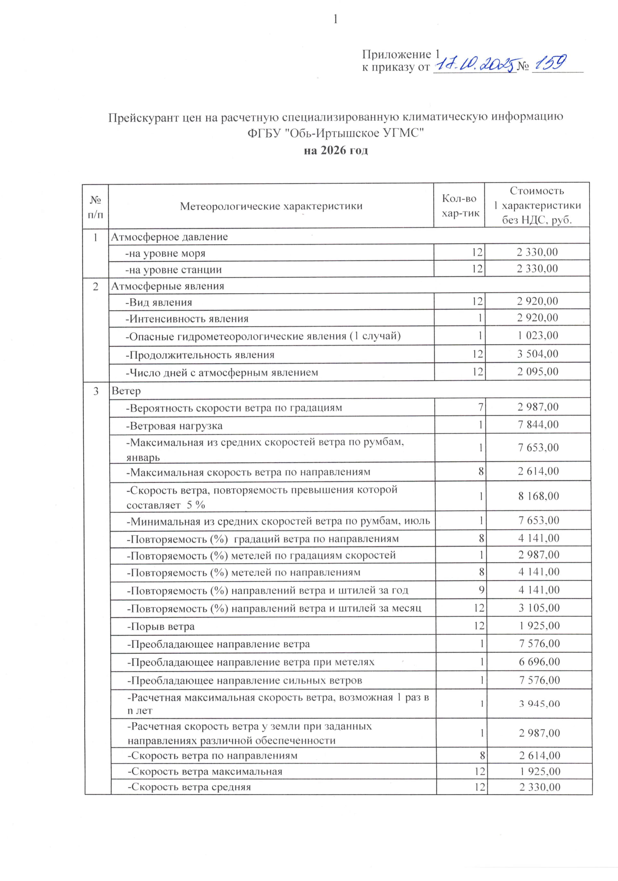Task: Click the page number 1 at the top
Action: pos(335,19)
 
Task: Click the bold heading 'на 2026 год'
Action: pos(335,150)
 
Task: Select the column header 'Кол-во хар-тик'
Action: pos(459,206)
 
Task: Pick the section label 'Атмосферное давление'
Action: pos(169,237)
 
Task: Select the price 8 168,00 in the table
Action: pos(538,496)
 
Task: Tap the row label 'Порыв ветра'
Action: pos(161,626)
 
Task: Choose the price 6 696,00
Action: pos(539,661)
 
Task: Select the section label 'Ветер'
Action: pos(126,390)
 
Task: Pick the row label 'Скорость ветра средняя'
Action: pos(189,787)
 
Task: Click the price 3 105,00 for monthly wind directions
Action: pos(538,608)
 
